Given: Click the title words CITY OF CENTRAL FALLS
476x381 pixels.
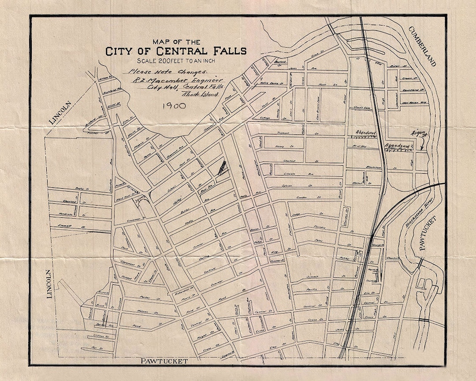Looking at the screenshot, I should point(176,51).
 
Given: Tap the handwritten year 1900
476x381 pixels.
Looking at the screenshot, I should point(174,106).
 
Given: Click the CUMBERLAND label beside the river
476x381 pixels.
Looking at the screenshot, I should point(422,46).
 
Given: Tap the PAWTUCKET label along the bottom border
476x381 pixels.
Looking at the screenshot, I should point(164,361).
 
